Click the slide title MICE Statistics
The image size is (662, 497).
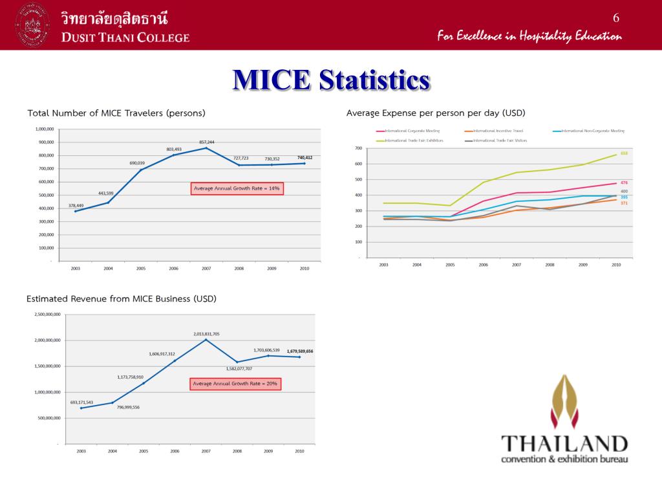click(x=331, y=80)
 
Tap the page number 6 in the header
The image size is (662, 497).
click(x=616, y=17)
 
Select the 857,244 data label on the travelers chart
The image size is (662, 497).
click(x=207, y=142)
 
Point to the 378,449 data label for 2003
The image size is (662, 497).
click(x=76, y=205)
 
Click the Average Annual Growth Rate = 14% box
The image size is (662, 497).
click(x=237, y=188)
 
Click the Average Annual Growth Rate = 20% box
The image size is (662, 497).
click(x=235, y=384)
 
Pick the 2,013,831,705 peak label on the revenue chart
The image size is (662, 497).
click(x=206, y=334)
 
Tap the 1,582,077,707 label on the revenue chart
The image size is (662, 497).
click(x=239, y=369)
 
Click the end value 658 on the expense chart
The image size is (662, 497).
click(x=624, y=153)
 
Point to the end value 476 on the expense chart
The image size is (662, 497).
click(x=624, y=183)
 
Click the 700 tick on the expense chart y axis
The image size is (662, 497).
click(x=358, y=149)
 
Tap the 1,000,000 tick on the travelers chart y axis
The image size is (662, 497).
click(x=45, y=129)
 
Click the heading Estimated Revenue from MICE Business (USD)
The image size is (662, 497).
click(x=122, y=299)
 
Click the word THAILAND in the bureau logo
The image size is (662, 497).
click(x=564, y=444)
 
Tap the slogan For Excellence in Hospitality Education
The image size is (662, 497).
click(x=529, y=36)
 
